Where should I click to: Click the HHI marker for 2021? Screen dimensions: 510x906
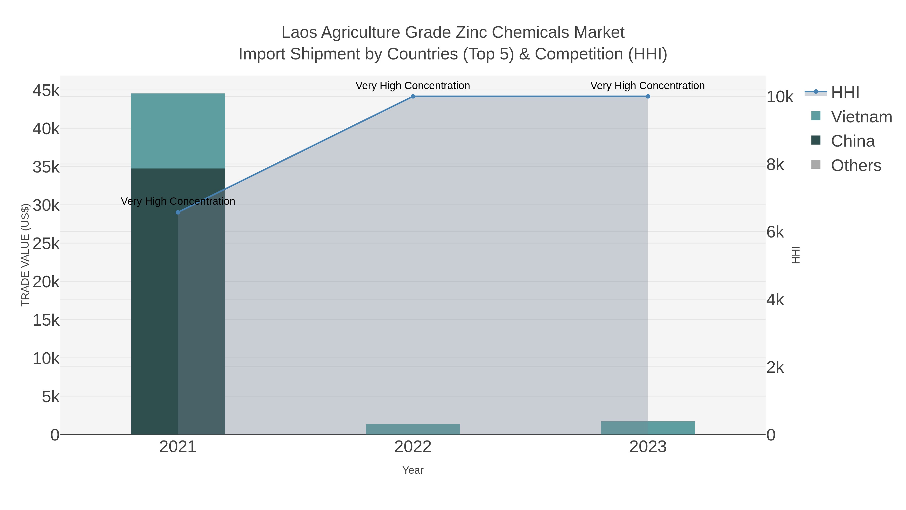click(x=178, y=212)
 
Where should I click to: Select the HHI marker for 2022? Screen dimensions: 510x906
click(x=413, y=96)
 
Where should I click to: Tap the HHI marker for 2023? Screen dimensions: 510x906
click(x=648, y=96)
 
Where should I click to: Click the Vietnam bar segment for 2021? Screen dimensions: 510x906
click(x=178, y=131)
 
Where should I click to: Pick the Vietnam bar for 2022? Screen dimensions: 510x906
click(x=413, y=429)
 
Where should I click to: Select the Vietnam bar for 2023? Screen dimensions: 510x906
click(x=648, y=428)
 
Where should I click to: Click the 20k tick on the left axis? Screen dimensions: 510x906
click(x=46, y=282)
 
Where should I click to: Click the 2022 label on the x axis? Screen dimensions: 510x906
click(x=413, y=447)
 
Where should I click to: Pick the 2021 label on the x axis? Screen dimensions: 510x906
click(x=178, y=447)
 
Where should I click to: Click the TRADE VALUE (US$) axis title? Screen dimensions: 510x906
click(x=25, y=255)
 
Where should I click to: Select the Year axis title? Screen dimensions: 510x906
click(x=413, y=470)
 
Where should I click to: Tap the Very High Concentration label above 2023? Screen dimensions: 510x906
click(x=648, y=86)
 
